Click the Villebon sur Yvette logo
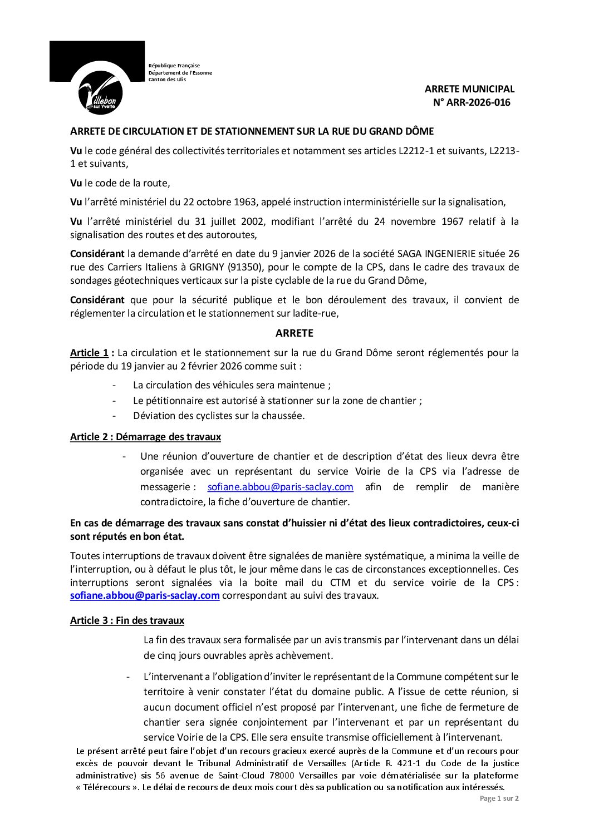coord(100,92)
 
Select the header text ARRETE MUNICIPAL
coord(469,89)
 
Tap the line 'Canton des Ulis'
coord(167,80)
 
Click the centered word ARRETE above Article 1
coord(294,333)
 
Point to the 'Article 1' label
coord(89,353)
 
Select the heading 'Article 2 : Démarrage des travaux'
coord(145,437)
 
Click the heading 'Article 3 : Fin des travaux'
coord(127,620)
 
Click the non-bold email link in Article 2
coord(280,487)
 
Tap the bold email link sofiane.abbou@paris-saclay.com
coord(145,595)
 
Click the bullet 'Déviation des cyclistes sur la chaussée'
coord(219,416)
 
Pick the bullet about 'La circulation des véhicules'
coord(232,385)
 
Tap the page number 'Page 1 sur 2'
coord(499,799)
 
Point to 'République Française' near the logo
coord(174,66)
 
